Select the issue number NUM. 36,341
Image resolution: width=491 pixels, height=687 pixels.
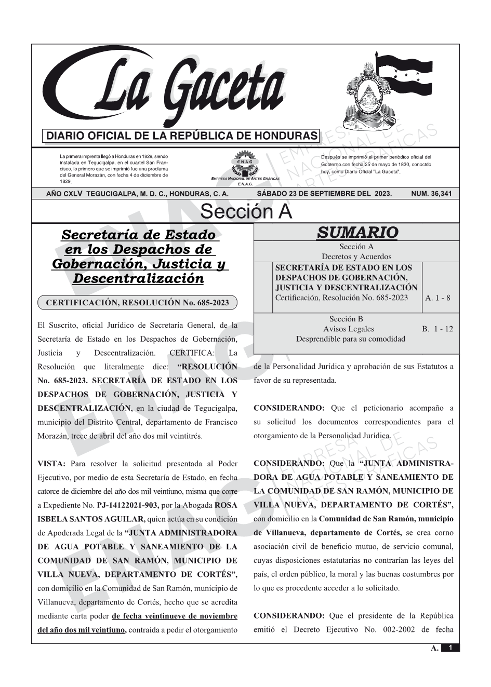431,194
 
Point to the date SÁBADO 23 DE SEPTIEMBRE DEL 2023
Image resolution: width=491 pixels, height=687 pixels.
324,194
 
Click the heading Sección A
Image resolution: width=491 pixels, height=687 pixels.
246,212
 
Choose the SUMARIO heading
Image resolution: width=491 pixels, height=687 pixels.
357,233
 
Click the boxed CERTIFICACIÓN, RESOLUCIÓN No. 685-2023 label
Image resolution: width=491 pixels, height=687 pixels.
137,302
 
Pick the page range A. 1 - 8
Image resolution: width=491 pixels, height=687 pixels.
437,298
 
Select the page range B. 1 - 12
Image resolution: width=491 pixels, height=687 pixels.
437,329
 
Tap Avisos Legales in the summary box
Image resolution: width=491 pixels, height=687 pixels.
348,329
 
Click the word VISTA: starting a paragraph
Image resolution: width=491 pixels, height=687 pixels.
51,464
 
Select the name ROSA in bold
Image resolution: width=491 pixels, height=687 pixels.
227,505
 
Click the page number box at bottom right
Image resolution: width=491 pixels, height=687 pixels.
450,648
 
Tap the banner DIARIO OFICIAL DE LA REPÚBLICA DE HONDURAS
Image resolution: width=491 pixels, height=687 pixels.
182,136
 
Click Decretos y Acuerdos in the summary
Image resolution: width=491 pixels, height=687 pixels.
356,257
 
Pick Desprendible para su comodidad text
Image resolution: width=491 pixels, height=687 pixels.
350,339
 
